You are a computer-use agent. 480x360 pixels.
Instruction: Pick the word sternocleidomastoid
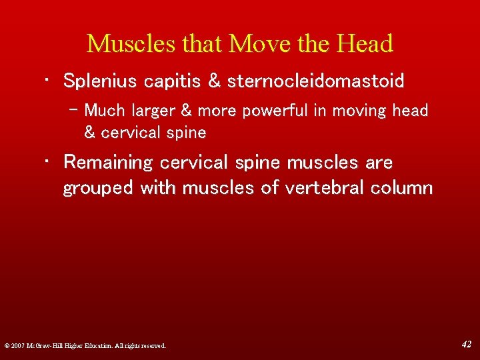(x=316, y=81)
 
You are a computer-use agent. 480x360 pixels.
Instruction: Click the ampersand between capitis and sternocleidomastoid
(x=214, y=81)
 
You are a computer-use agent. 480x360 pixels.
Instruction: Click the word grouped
(x=98, y=188)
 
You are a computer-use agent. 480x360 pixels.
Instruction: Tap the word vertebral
(x=316, y=188)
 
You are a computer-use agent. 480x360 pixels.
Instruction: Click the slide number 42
(x=467, y=344)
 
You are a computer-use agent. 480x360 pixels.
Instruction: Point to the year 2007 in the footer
(x=17, y=346)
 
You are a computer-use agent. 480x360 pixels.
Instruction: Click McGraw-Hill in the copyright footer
(x=51, y=346)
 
